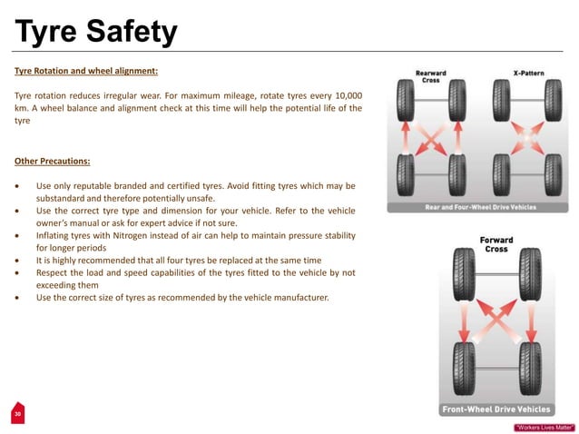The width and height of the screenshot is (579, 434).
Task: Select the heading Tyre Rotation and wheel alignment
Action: click(x=86, y=70)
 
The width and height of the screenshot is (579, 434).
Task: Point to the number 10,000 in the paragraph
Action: click(x=343, y=95)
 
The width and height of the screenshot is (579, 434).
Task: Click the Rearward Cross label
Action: click(x=430, y=77)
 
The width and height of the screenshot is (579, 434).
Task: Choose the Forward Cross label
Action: click(x=496, y=244)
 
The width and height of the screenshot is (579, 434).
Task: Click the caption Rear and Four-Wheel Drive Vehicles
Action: click(x=480, y=207)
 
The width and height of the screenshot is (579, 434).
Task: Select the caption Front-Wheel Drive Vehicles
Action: click(x=496, y=409)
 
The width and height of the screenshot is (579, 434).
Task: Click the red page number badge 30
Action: click(x=16, y=414)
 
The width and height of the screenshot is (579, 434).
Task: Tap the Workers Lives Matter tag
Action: click(x=545, y=426)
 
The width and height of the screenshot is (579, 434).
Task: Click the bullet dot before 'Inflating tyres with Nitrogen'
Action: click(x=18, y=235)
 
